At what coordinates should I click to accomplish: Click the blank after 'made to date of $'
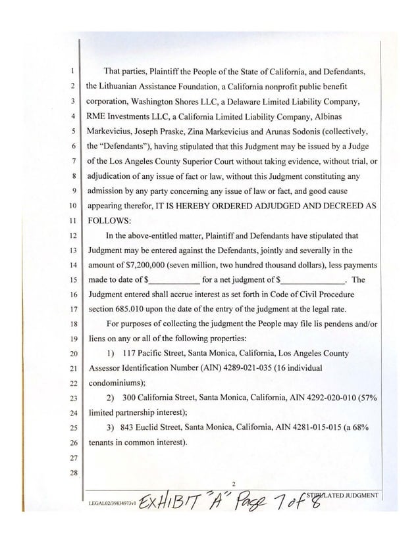pyautogui.click(x=172, y=279)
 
